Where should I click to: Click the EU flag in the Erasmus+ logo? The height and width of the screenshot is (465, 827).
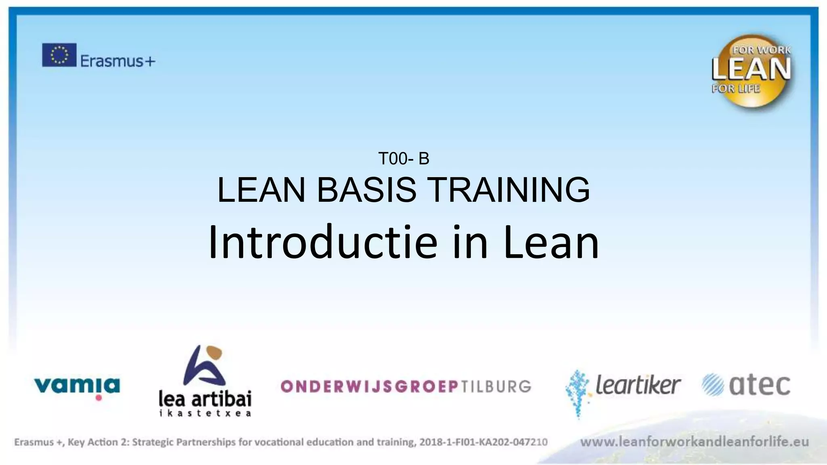(59, 55)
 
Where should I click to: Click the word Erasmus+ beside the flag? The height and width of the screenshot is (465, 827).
(118, 61)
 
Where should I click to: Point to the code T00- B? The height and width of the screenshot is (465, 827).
(403, 159)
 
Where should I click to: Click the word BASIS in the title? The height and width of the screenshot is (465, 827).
(366, 190)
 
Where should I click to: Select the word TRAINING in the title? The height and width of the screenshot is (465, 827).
(508, 190)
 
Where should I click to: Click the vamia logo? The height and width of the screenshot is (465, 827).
(77, 385)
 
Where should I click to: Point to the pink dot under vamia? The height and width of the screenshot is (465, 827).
(99, 398)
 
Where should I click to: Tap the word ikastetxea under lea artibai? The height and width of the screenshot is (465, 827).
(205, 413)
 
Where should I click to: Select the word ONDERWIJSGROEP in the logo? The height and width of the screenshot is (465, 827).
(369, 387)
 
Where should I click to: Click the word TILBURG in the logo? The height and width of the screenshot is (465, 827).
(496, 387)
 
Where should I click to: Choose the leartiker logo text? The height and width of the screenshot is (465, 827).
(638, 385)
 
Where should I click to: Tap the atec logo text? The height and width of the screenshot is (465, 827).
(759, 385)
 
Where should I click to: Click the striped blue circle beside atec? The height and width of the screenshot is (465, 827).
(713, 385)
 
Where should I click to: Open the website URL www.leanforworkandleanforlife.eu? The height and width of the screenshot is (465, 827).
(694, 442)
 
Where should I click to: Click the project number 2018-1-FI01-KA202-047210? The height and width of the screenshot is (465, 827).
(483, 442)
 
